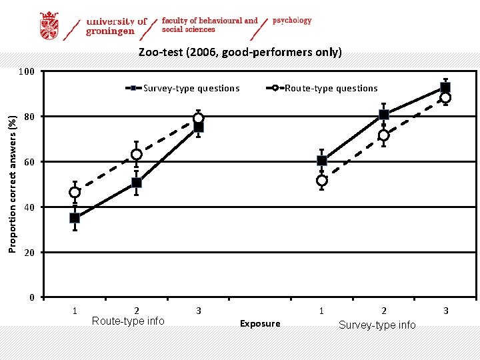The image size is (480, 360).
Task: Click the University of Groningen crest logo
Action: pyautogui.click(x=49, y=26)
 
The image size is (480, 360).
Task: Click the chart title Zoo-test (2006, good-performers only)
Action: pyautogui.click(x=240, y=52)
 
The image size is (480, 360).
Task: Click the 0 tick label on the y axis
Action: pyautogui.click(x=31, y=297)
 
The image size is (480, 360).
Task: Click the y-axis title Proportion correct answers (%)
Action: pyautogui.click(x=12, y=184)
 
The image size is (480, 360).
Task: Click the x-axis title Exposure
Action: pyautogui.click(x=260, y=323)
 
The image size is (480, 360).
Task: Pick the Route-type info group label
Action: pyautogui.click(x=128, y=321)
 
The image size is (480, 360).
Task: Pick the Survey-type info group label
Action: pyautogui.click(x=377, y=325)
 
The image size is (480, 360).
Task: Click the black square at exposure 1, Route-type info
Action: pyautogui.click(x=75, y=218)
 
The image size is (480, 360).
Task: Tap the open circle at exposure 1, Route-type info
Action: pyautogui.click(x=75, y=193)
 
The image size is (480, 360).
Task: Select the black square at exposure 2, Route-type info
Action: pyautogui.click(x=137, y=183)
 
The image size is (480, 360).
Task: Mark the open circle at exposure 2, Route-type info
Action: pyautogui.click(x=137, y=155)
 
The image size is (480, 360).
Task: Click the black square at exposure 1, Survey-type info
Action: pyautogui.click(x=322, y=161)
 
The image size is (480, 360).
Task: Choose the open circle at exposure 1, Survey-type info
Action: pyautogui.click(x=322, y=181)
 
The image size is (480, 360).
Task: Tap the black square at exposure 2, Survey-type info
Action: pyautogui.click(x=383, y=115)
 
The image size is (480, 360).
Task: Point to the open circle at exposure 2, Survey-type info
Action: pyautogui.click(x=383, y=135)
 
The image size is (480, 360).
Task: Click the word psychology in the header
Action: pyautogui.click(x=292, y=21)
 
